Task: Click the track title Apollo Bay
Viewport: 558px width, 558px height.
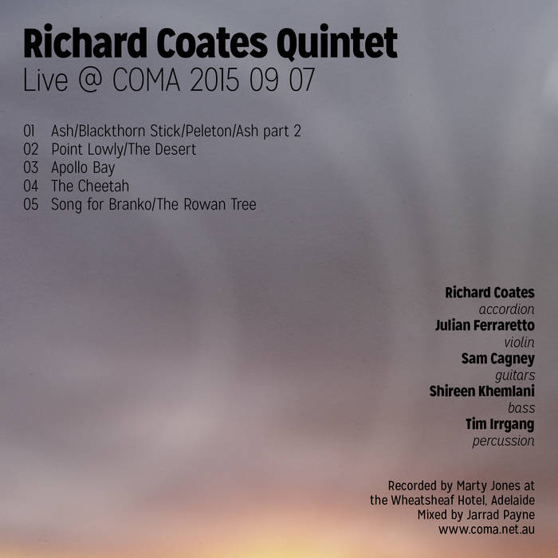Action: click(x=83, y=167)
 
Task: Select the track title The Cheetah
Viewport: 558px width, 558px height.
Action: click(x=89, y=187)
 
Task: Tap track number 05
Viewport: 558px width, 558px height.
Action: click(x=31, y=205)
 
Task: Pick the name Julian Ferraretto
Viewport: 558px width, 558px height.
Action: click(x=485, y=325)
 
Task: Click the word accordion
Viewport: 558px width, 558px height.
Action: click(x=506, y=308)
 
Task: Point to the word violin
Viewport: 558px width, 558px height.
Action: click(x=520, y=342)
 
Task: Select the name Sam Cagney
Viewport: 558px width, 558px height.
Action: click(x=498, y=359)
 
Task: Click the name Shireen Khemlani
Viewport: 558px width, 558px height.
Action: click(x=481, y=391)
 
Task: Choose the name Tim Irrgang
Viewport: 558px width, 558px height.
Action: click(x=500, y=424)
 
